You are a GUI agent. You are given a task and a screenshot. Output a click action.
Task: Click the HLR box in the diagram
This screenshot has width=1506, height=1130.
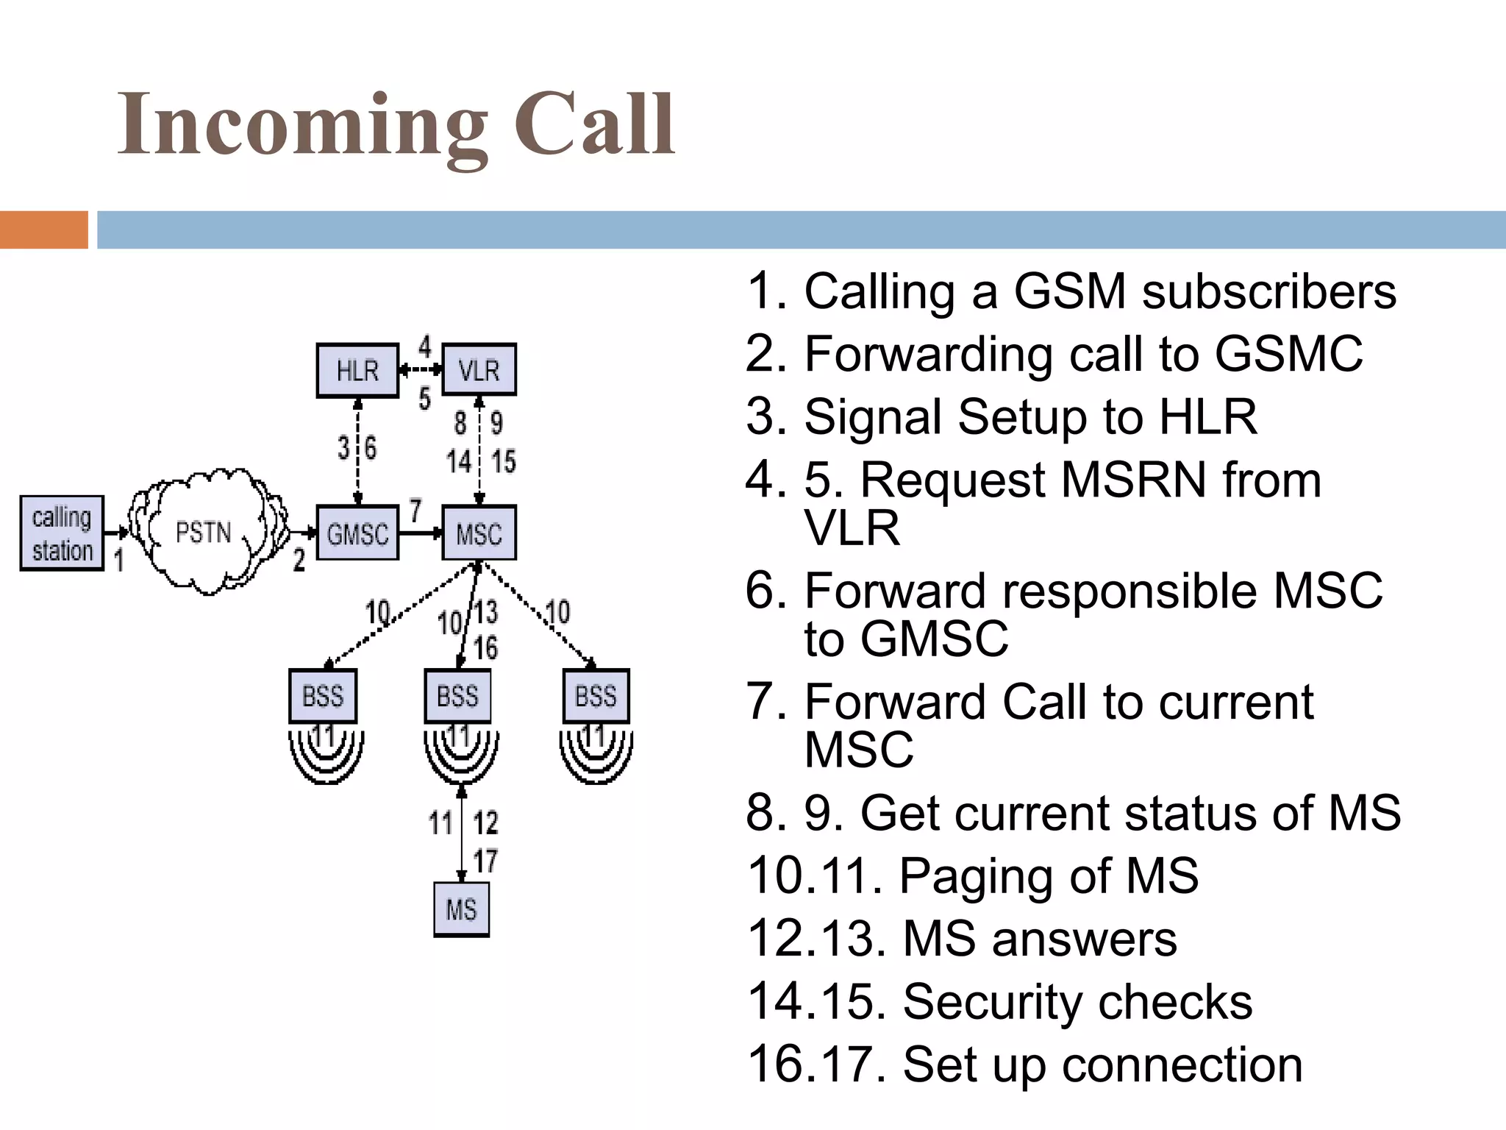tap(357, 370)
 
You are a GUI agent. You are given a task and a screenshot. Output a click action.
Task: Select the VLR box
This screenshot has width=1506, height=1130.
tap(479, 370)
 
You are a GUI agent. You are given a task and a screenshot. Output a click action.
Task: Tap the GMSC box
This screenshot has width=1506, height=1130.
tap(357, 533)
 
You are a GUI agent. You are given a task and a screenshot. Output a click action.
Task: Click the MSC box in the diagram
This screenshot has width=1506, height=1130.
tap(479, 533)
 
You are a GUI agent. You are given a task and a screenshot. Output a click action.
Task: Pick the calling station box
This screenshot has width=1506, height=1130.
tap(62, 533)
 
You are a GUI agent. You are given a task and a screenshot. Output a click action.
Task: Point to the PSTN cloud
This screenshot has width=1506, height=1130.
tap(204, 532)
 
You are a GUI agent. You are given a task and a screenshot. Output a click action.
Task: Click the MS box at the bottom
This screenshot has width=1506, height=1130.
tap(461, 909)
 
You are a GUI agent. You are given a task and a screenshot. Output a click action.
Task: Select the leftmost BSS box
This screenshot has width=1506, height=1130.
tap(323, 696)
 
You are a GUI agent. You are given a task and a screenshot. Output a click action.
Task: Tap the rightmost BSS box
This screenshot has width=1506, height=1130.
tap(596, 696)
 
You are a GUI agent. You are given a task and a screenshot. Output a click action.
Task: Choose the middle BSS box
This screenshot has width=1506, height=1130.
tap(457, 696)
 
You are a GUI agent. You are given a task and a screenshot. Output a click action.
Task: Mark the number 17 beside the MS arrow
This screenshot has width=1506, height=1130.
tap(485, 861)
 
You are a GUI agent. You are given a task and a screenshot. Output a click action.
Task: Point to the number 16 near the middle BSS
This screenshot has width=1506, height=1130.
tap(485, 648)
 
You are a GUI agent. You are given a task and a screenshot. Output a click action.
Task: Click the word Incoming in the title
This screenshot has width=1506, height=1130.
tap(302, 125)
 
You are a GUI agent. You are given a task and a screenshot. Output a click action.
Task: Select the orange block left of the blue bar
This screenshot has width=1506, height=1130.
tap(43, 230)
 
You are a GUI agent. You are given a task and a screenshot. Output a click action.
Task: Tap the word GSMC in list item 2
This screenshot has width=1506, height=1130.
tap(1288, 355)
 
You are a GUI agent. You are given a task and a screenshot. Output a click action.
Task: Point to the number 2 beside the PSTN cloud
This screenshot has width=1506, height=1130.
tap(299, 561)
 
